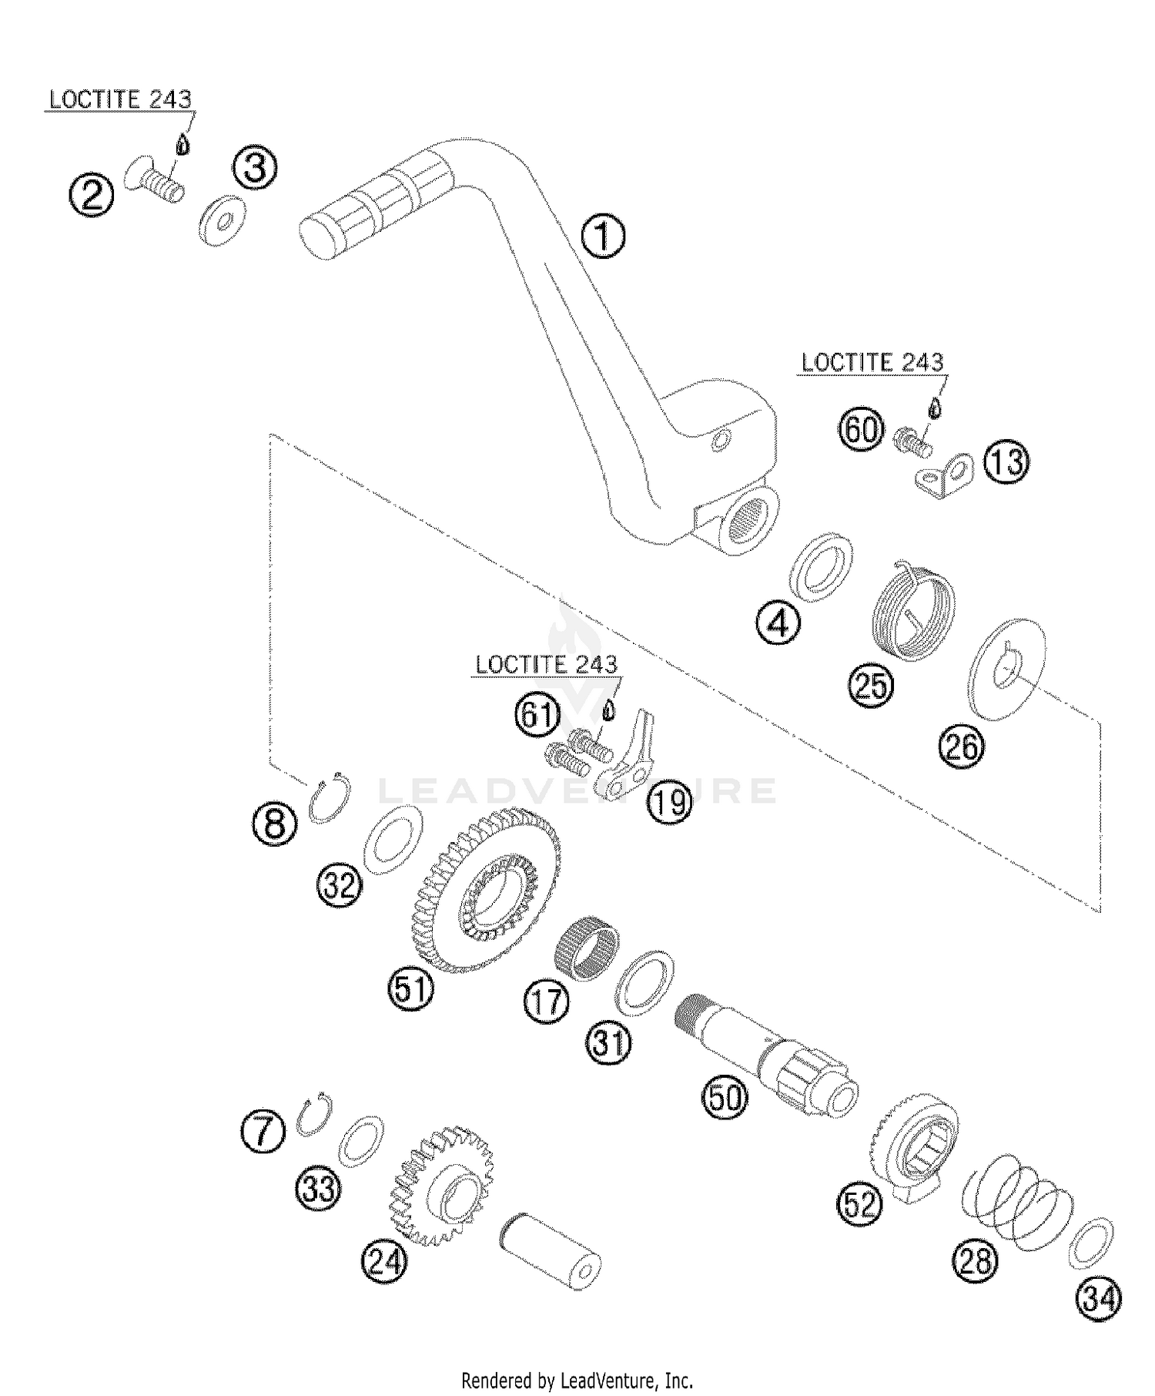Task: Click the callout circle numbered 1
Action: point(603,237)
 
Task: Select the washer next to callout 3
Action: point(222,223)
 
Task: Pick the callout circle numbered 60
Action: point(861,429)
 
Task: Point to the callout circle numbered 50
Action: point(725,1099)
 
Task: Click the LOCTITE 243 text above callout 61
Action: point(546,665)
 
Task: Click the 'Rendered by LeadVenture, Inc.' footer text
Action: point(577,1379)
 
